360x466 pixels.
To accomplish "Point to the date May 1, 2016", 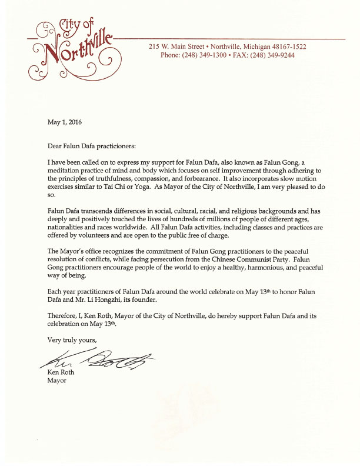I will tap(65, 123).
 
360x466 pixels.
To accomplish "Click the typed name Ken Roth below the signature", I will tap(62, 372).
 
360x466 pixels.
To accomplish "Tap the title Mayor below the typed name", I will tap(57, 380).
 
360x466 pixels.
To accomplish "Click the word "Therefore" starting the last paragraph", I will tap(62, 316).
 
